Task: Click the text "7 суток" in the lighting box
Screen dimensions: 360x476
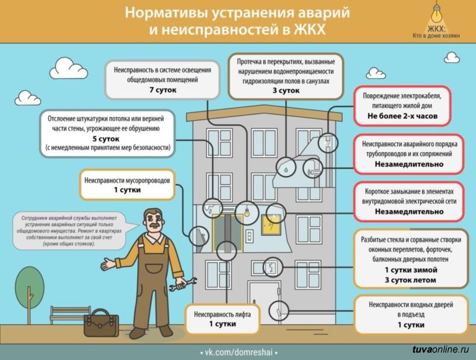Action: [163, 90]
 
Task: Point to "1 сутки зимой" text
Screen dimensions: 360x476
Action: [410, 270]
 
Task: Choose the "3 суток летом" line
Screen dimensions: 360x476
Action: [410, 280]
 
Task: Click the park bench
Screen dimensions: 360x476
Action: [70, 314]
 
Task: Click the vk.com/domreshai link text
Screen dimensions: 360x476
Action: [238, 351]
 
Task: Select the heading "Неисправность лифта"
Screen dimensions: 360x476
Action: [222, 314]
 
